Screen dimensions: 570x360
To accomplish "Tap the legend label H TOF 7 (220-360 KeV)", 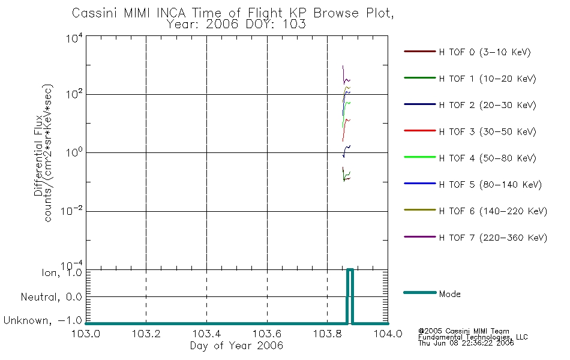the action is click(493, 238).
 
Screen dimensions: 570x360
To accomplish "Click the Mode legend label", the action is click(449, 294).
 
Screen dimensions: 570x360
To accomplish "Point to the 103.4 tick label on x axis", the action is click(206, 334).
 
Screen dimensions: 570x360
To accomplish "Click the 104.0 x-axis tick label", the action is click(388, 334).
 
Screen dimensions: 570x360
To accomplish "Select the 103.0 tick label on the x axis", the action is click(85, 334).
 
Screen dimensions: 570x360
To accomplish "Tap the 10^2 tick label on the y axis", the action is click(74, 94).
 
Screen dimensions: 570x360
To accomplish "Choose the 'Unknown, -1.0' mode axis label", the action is click(43, 320).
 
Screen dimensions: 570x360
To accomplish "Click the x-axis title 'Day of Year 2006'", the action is click(236, 346).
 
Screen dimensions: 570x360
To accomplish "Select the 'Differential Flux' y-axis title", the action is click(38, 155).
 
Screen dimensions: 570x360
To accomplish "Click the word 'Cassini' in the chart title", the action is click(95, 13).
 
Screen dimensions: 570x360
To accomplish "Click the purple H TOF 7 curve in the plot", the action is click(344, 78).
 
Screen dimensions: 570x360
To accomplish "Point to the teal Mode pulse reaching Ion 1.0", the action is click(350, 270).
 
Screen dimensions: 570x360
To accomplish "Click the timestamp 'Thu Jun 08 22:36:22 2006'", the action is click(466, 343).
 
